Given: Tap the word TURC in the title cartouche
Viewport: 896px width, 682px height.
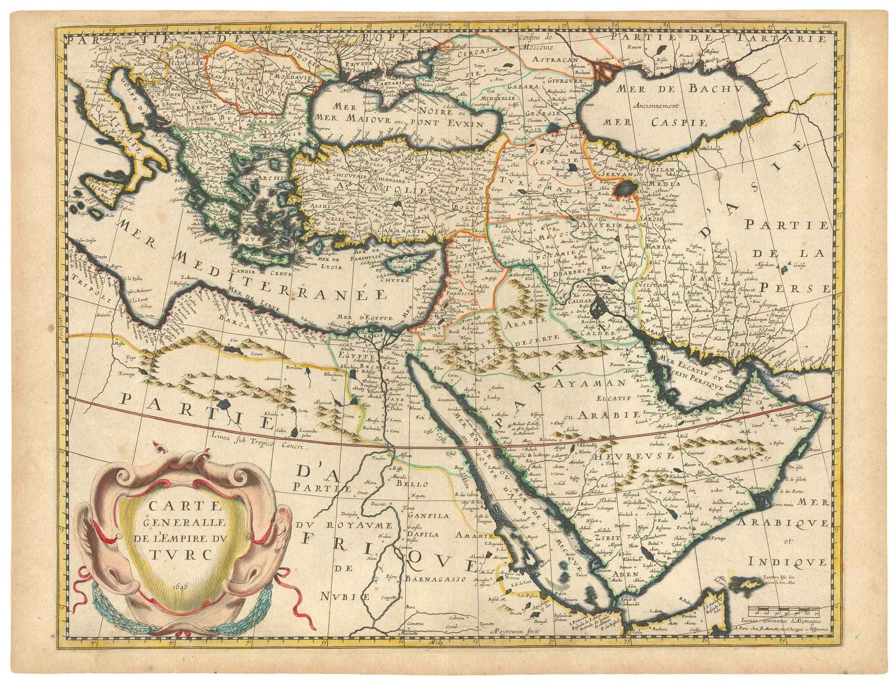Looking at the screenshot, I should pos(184,554).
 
